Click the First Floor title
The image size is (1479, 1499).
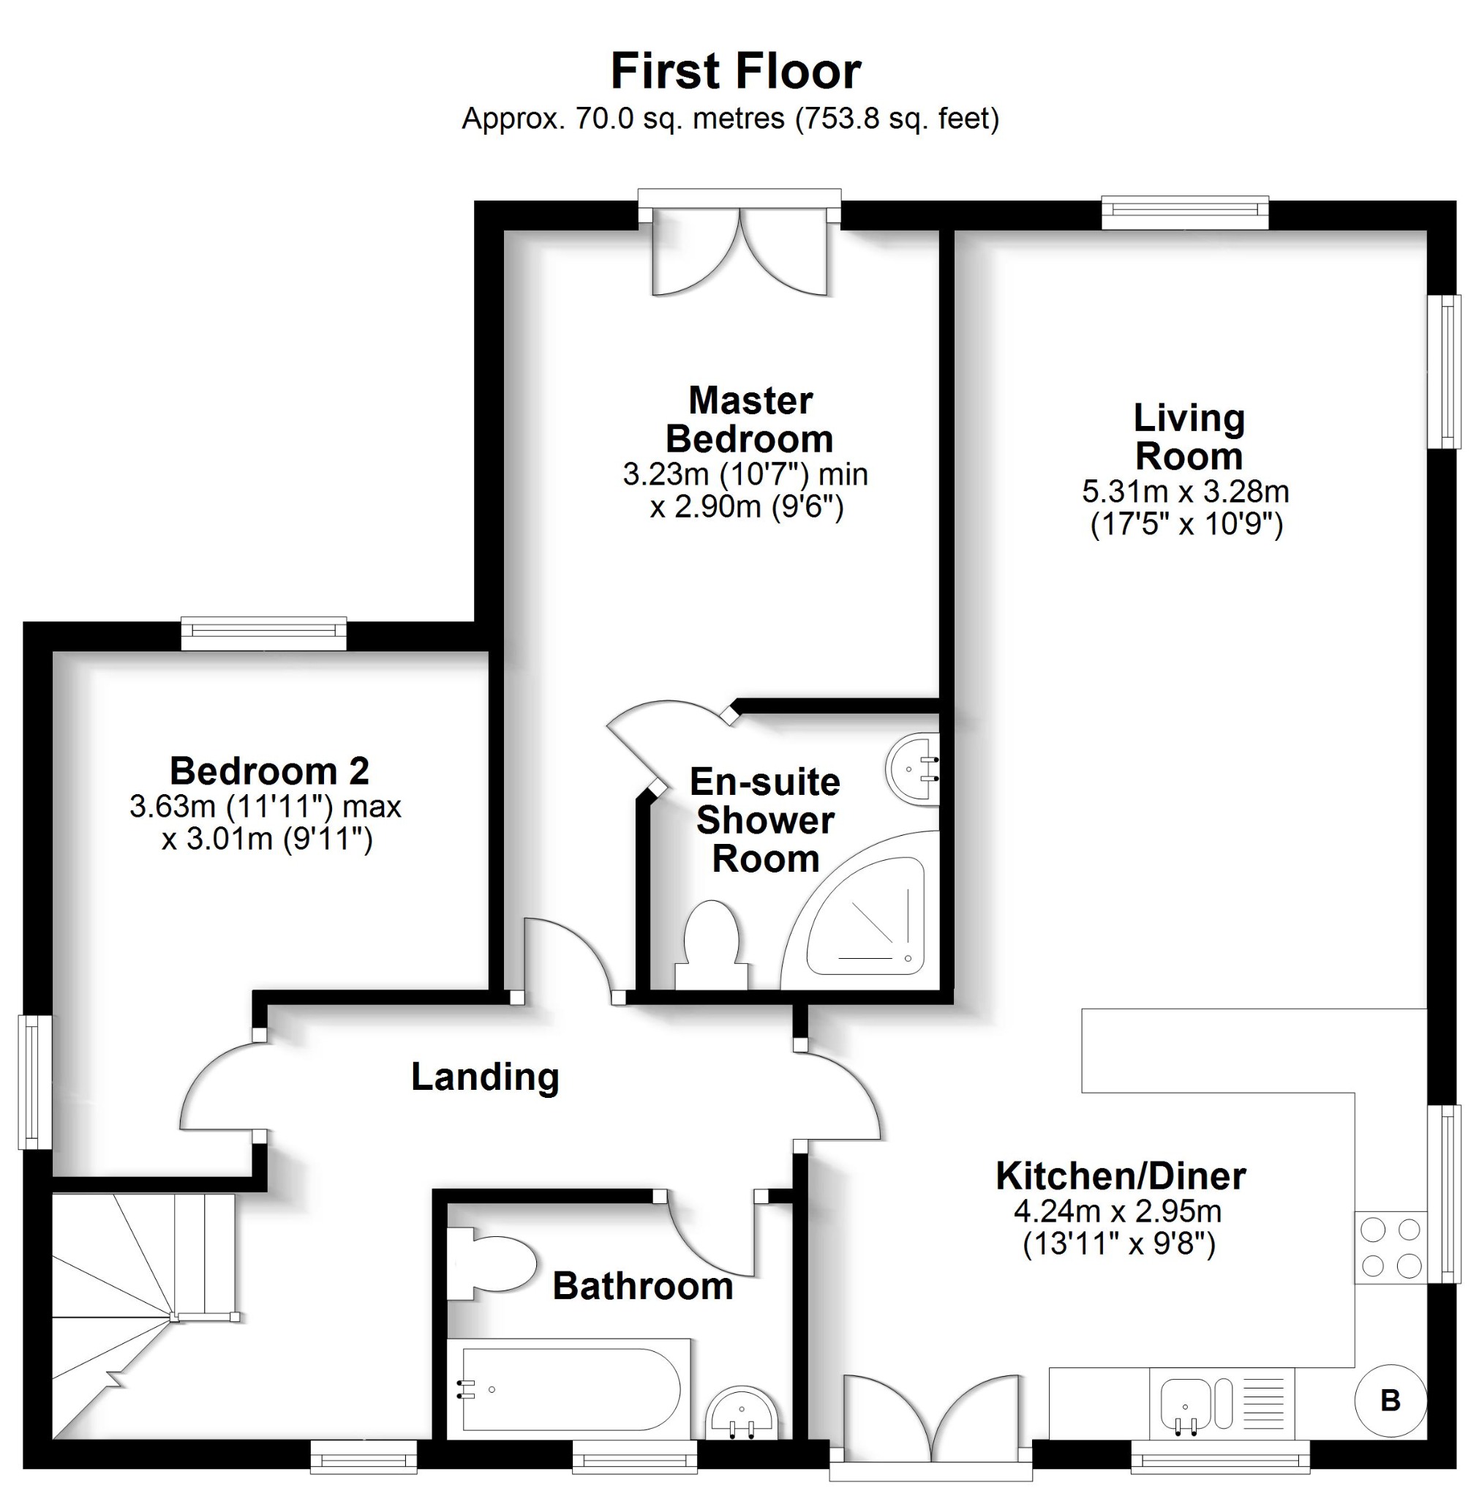(x=735, y=72)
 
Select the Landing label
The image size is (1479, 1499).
(x=485, y=1077)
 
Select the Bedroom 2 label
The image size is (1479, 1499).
(x=269, y=771)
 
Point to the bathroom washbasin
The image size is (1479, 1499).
(x=742, y=1413)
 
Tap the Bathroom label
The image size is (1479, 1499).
(x=643, y=1287)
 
